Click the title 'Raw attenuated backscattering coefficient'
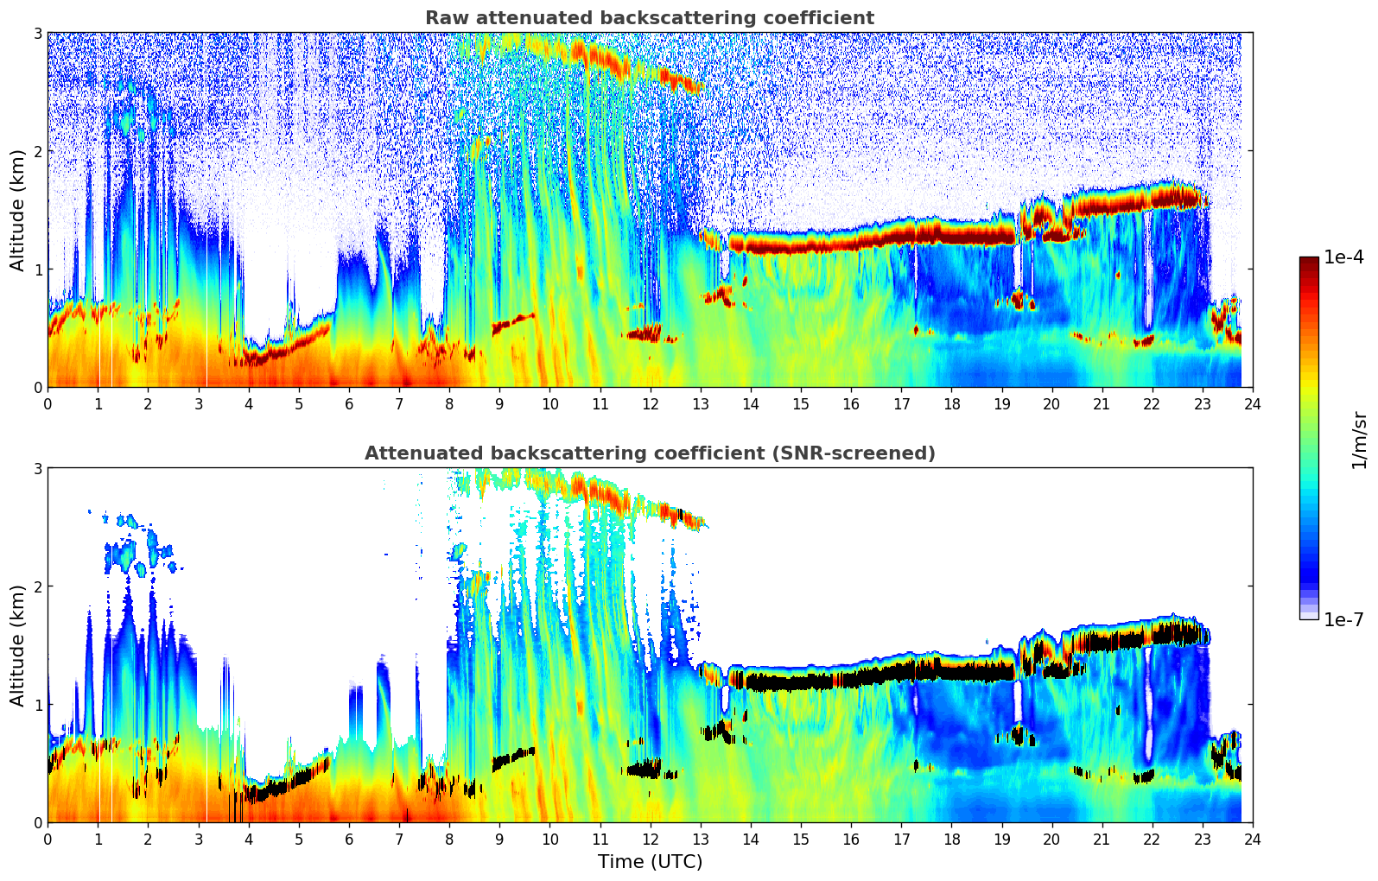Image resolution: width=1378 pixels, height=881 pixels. (649, 18)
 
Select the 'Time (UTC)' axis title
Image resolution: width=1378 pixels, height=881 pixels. (650, 861)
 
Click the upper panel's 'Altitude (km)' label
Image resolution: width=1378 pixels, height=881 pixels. (17, 210)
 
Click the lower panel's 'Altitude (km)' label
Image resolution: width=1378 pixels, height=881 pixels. (17, 645)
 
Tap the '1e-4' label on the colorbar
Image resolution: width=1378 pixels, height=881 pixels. (1343, 257)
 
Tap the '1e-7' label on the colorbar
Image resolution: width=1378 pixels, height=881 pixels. (1343, 619)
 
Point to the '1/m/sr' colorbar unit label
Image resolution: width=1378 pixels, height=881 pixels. (1359, 440)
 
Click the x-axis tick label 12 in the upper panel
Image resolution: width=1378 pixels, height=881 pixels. (651, 403)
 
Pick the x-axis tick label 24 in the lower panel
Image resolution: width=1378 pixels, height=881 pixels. (1253, 839)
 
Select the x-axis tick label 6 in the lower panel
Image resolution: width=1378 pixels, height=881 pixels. (349, 839)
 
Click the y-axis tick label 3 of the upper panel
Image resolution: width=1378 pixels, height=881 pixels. (37, 33)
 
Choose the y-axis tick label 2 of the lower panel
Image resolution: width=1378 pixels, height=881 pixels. (37, 586)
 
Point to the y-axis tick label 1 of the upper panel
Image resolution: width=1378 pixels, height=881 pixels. (37, 269)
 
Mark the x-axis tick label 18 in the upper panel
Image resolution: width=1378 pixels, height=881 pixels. (951, 403)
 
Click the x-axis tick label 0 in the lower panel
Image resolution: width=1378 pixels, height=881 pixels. (48, 839)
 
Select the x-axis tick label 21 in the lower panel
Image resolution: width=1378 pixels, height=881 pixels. (1102, 839)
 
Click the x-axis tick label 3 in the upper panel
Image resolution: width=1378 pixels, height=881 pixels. (199, 403)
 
